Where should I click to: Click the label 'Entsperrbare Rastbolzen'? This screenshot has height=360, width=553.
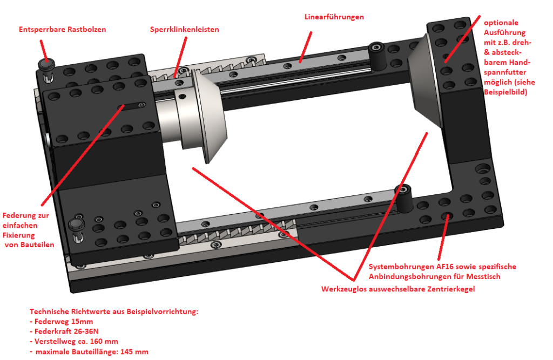coord(62,29)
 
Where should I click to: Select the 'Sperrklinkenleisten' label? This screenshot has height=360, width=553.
coord(184,29)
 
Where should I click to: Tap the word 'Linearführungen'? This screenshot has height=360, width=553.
coord(334,17)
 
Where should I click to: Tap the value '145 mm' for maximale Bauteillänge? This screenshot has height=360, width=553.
coord(134,352)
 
